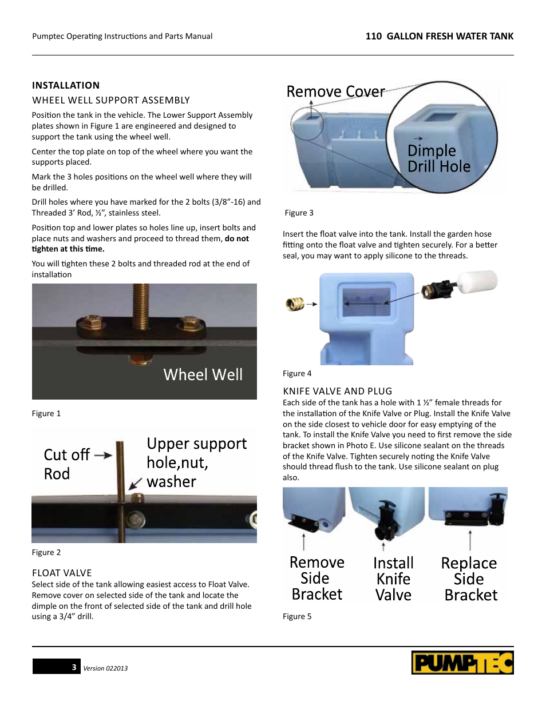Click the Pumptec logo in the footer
coord(462,663)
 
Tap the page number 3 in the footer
coord(74,667)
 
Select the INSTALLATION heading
coord(66,85)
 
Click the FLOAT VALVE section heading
coord(62,573)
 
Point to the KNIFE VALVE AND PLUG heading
coord(338,391)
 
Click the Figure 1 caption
coord(46,413)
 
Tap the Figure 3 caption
coord(299,213)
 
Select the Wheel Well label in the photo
coord(203,374)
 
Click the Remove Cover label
coord(335,91)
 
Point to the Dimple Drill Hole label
coord(438,158)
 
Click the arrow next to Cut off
coord(103,455)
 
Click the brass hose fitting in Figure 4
coord(295,304)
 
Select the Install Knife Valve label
coord(393,579)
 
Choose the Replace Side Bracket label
coord(470,579)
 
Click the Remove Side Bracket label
coord(316,579)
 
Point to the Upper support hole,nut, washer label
coord(196,462)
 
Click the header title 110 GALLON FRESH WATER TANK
coord(439,36)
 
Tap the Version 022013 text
coord(105,668)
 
